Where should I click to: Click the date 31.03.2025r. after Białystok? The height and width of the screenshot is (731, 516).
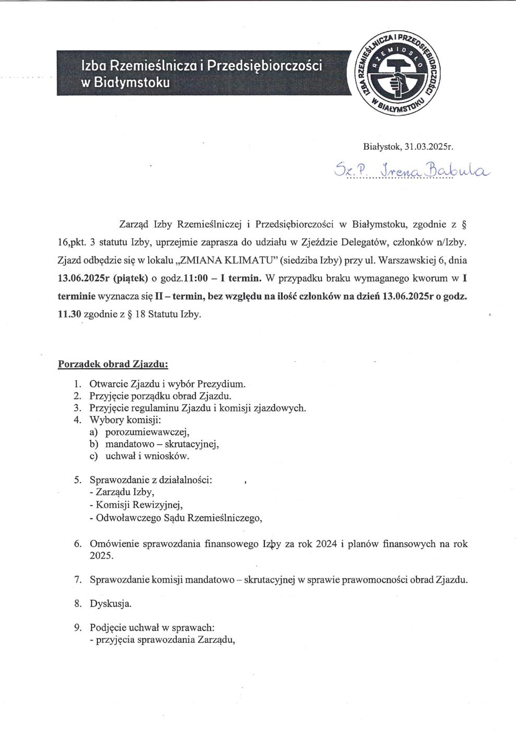point(430,147)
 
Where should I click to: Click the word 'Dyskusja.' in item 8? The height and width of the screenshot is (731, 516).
point(111,604)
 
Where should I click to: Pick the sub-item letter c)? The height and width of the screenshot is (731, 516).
point(94,456)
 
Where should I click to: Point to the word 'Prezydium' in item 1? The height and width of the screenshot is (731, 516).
point(220,384)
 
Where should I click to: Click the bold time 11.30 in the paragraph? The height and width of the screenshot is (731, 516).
point(68,315)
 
